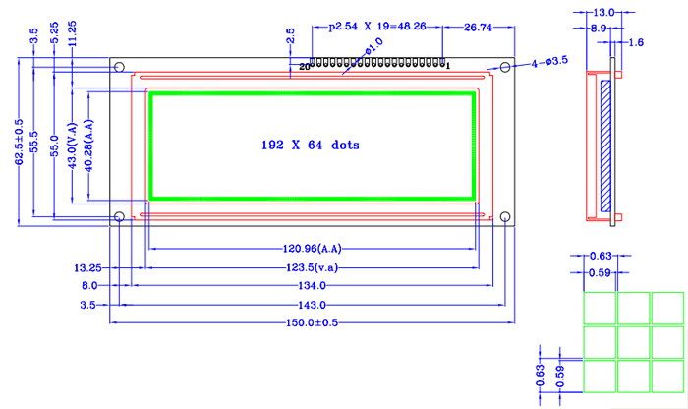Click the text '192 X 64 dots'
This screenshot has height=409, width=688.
click(310, 145)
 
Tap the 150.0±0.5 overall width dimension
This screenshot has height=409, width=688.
click(311, 322)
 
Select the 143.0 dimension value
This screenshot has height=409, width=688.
click(311, 306)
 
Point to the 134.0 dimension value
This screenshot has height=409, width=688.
click(311, 286)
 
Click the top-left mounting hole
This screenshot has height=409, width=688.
click(119, 68)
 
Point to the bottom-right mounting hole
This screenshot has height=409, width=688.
click(505, 216)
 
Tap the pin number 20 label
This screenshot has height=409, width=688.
click(304, 67)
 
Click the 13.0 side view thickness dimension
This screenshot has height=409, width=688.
click(605, 12)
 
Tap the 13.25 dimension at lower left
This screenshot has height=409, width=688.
click(87, 267)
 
